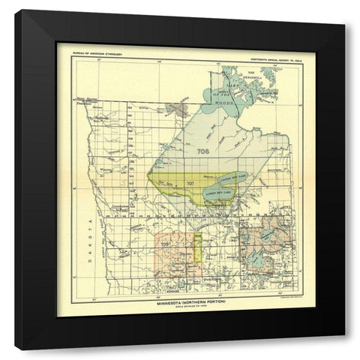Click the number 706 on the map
tap(200, 151)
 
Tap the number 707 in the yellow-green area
tap(190, 183)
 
